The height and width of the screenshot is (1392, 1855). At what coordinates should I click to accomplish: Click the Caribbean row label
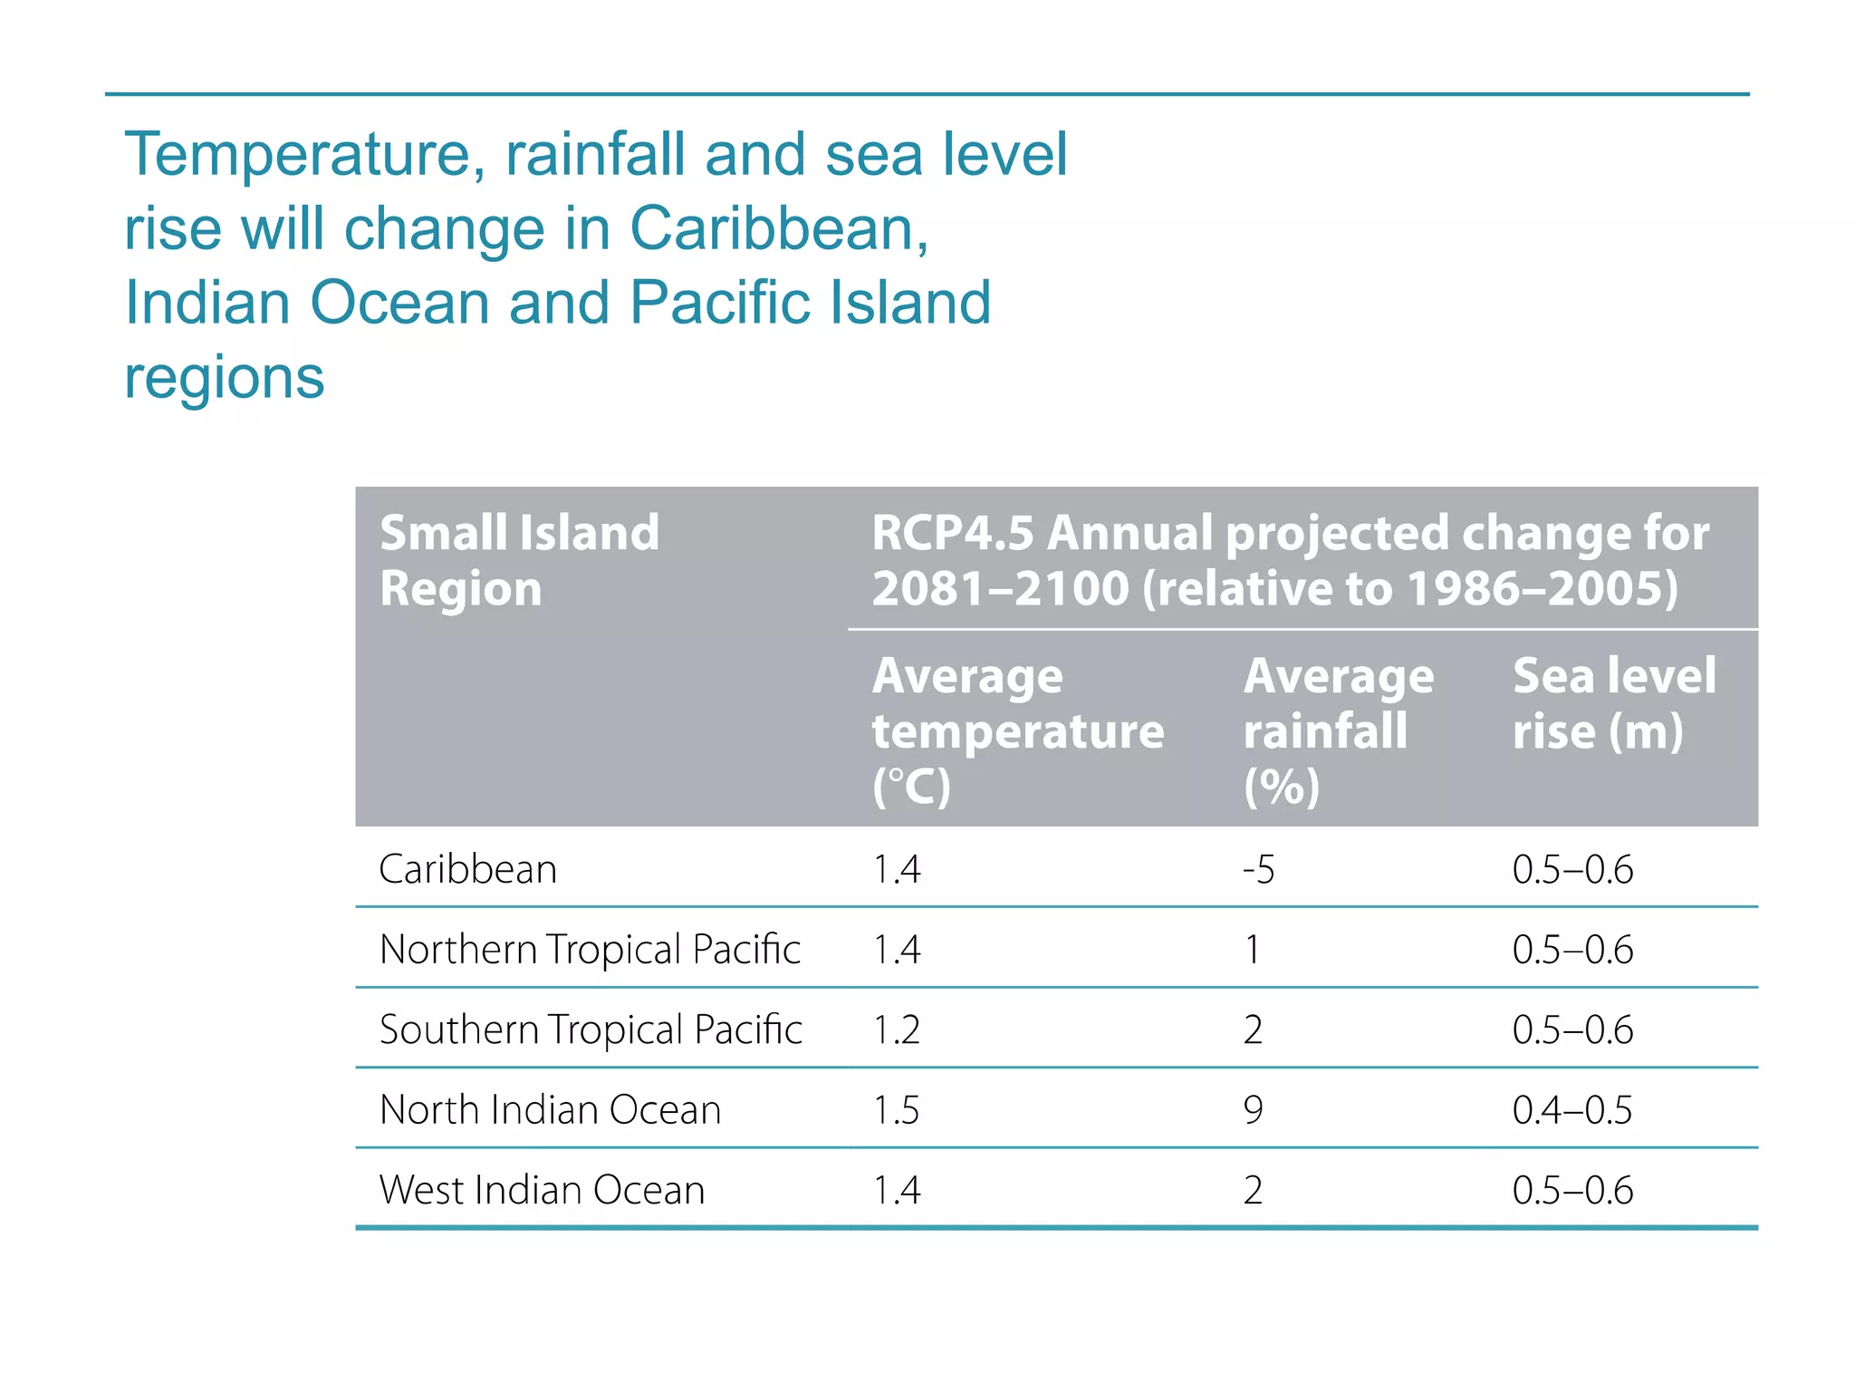coord(467,869)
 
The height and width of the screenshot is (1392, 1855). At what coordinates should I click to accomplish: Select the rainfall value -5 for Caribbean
coord(1258,869)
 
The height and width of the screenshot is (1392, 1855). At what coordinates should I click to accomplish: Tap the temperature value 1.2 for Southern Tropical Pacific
coord(896,1029)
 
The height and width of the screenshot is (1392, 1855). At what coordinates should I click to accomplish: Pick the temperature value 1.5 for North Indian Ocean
coord(896,1109)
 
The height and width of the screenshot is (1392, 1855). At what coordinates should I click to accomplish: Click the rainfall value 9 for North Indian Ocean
coord(1253,1109)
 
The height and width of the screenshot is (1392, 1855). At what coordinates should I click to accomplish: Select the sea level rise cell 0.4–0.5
coord(1571,1109)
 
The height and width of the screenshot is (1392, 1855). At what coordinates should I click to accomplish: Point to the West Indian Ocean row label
coord(542,1189)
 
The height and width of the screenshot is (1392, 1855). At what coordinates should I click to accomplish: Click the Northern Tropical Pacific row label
coord(590,949)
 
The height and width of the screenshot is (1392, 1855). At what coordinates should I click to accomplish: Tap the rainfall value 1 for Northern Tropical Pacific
coord(1252,949)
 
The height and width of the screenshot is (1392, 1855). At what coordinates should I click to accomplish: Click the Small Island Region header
coord(519,560)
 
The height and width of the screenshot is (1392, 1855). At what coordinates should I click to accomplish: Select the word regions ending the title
coord(224,377)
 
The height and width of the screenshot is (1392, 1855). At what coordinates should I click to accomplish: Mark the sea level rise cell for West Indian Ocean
coord(1571,1189)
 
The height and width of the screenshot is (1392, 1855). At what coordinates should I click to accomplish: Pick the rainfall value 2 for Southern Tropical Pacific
coord(1253,1029)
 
